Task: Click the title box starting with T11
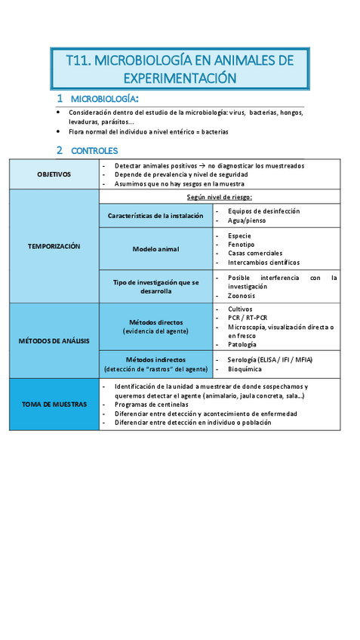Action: pyautogui.click(x=180, y=69)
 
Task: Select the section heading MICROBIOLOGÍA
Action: pyautogui.click(x=104, y=100)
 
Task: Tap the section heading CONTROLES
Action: pyautogui.click(x=94, y=150)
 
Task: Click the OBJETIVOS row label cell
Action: pyautogui.click(x=54, y=174)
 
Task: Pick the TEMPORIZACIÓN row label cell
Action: pyautogui.click(x=54, y=246)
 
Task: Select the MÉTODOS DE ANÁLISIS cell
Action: pyautogui.click(x=54, y=340)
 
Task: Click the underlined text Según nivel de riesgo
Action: pyautogui.click(x=220, y=197)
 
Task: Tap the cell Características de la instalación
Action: pyautogui.click(x=155, y=216)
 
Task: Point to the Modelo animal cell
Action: pyautogui.click(x=155, y=248)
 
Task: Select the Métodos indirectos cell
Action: pyautogui.click(x=155, y=365)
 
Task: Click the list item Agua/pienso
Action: pyautogui.click(x=249, y=221)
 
